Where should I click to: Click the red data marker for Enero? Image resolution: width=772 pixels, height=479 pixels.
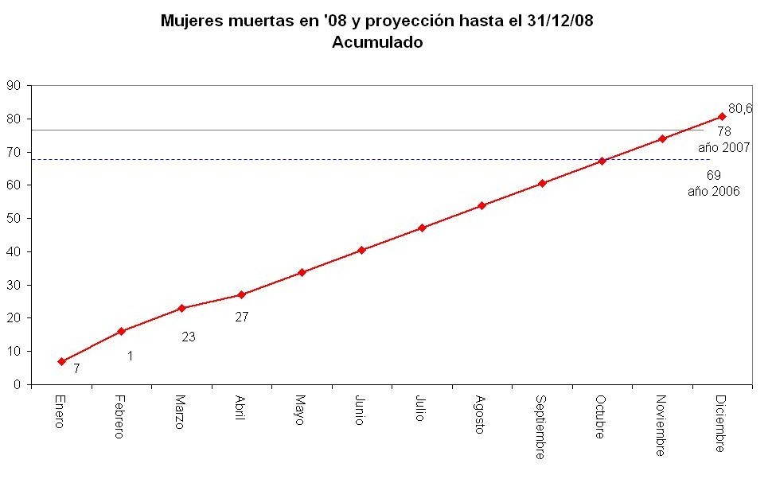click(61, 361)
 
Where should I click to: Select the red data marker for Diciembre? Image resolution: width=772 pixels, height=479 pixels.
click(722, 116)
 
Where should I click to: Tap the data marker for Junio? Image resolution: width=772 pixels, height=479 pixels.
click(361, 250)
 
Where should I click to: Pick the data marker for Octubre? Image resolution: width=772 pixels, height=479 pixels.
click(602, 161)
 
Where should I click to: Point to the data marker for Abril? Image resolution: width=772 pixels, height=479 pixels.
click(241, 294)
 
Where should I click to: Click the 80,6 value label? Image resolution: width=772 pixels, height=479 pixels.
click(740, 108)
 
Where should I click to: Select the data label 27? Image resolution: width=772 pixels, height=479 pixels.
click(242, 317)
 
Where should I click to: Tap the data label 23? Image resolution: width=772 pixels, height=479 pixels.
click(189, 337)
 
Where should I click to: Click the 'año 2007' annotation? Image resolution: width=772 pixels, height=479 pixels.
click(724, 147)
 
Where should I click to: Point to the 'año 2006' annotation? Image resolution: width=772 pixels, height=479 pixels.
click(714, 191)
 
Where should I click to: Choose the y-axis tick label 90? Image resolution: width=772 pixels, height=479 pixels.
click(14, 85)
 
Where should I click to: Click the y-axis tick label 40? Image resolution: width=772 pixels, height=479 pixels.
click(14, 251)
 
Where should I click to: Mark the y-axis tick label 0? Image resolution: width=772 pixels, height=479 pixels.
click(18, 384)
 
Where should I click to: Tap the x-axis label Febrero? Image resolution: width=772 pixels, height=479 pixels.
click(119, 416)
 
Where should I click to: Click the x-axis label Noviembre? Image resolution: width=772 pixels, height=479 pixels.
click(661, 425)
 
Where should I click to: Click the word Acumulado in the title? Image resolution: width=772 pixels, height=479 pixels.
click(376, 43)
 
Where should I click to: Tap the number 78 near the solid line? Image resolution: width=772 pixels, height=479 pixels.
click(723, 131)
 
